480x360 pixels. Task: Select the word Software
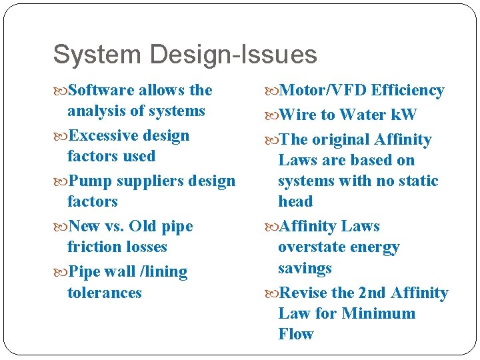click(x=101, y=90)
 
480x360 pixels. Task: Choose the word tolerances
click(x=105, y=292)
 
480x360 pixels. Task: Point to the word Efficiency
click(x=407, y=90)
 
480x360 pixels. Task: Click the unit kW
click(x=403, y=115)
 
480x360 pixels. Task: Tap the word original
click(x=341, y=139)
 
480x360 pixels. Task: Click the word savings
click(x=305, y=268)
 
